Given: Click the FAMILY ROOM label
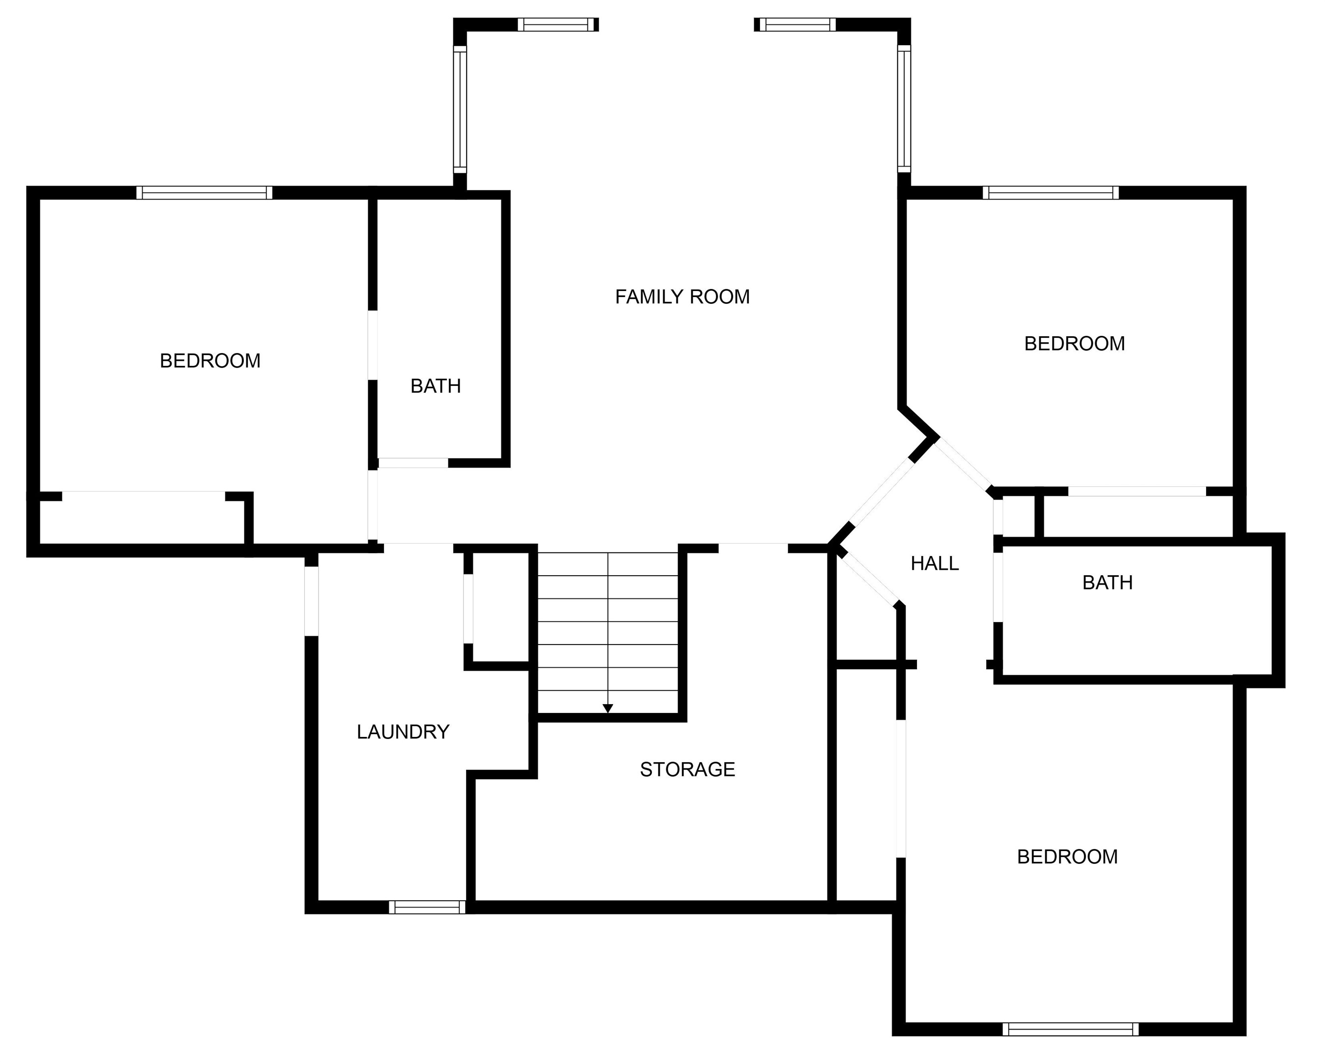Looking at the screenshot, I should pos(682,297).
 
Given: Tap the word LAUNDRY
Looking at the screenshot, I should pos(403,732).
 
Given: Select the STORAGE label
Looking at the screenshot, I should pos(687,770).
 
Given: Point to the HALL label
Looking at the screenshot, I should pos(934,563).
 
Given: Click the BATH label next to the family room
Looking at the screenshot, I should pos(435,386).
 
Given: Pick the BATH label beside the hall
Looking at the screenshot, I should pos(1107,583).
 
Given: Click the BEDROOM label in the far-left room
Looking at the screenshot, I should pos(210,361).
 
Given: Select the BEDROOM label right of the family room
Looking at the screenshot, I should pos(1074,344).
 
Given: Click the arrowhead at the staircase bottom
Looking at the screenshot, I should pos(608,708).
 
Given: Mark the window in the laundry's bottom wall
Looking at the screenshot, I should pos(427,907).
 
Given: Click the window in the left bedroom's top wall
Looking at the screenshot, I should pos(204,193).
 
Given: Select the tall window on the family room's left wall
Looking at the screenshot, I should pos(460,109).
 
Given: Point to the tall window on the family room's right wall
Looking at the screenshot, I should pos(904,108).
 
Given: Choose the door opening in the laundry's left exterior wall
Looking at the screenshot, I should pos(312,600).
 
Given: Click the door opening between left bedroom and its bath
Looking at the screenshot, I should pos(373,345).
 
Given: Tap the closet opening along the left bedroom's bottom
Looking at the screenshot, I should pos(144,496).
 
